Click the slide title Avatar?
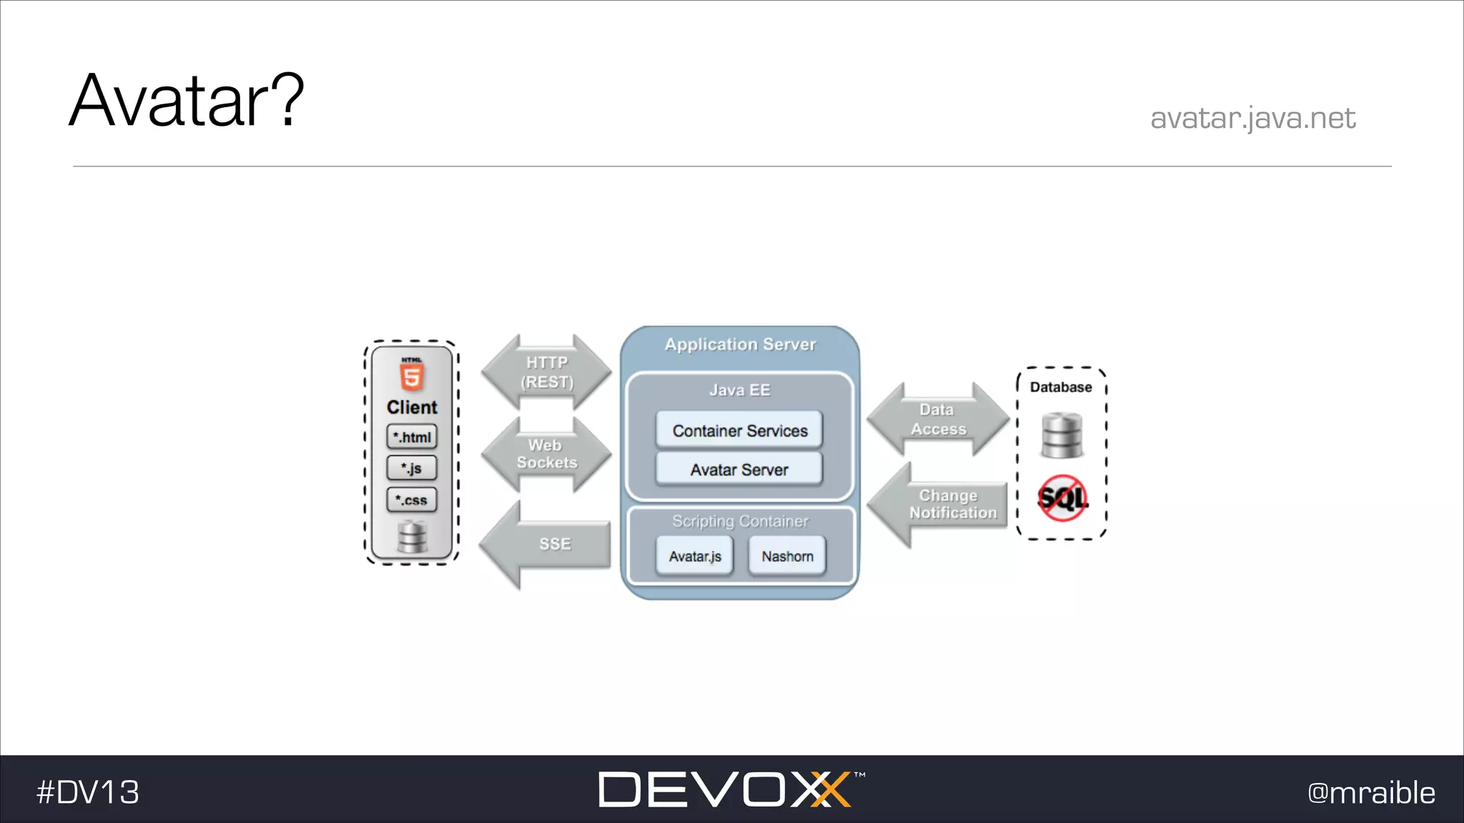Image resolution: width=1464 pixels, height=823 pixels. pyautogui.click(x=187, y=101)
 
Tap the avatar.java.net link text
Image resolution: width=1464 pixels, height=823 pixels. pyautogui.click(x=1252, y=119)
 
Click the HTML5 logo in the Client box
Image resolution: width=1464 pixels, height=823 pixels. pyautogui.click(x=412, y=375)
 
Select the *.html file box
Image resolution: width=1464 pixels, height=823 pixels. pyautogui.click(x=412, y=437)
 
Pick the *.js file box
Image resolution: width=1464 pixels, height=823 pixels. pyautogui.click(x=412, y=469)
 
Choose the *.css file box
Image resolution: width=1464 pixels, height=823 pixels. pyautogui.click(x=412, y=500)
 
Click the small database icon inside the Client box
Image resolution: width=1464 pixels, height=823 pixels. pyautogui.click(x=412, y=537)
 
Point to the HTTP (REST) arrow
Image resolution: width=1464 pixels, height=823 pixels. pyautogui.click(x=547, y=372)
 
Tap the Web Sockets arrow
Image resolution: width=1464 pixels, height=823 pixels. pyautogui.click(x=547, y=454)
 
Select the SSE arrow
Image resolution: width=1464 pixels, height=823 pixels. pyautogui.click(x=547, y=544)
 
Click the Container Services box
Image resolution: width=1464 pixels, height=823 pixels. pyautogui.click(x=739, y=431)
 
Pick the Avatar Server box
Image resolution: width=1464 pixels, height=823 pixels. pyautogui.click(x=739, y=469)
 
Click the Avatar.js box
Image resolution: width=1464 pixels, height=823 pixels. pyautogui.click(x=695, y=557)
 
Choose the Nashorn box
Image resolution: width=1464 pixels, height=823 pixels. pyautogui.click(x=787, y=557)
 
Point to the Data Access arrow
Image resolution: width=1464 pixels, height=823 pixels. pyautogui.click(x=938, y=419)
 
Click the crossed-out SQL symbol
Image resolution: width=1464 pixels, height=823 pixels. pyautogui.click(x=1062, y=498)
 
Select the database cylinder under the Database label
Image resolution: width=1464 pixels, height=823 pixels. pyautogui.click(x=1062, y=435)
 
